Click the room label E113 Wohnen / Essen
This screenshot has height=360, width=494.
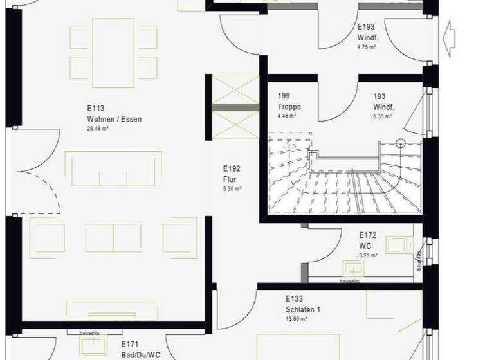[x=114, y=114]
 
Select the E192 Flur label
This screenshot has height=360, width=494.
[x=232, y=173]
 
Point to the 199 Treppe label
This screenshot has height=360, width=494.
[x=289, y=102]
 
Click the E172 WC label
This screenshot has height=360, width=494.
[x=367, y=240]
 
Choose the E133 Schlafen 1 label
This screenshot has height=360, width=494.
[x=302, y=304]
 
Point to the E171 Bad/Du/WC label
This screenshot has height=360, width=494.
[x=140, y=350]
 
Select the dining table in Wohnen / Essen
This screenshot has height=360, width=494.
[x=113, y=52]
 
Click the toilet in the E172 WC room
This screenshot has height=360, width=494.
[x=398, y=244]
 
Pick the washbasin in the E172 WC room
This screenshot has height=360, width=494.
[x=352, y=267]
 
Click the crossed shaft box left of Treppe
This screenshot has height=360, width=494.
[x=235, y=106]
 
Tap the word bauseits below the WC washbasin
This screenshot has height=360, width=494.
[x=349, y=282]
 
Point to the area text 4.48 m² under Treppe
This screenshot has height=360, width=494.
[x=287, y=116]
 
